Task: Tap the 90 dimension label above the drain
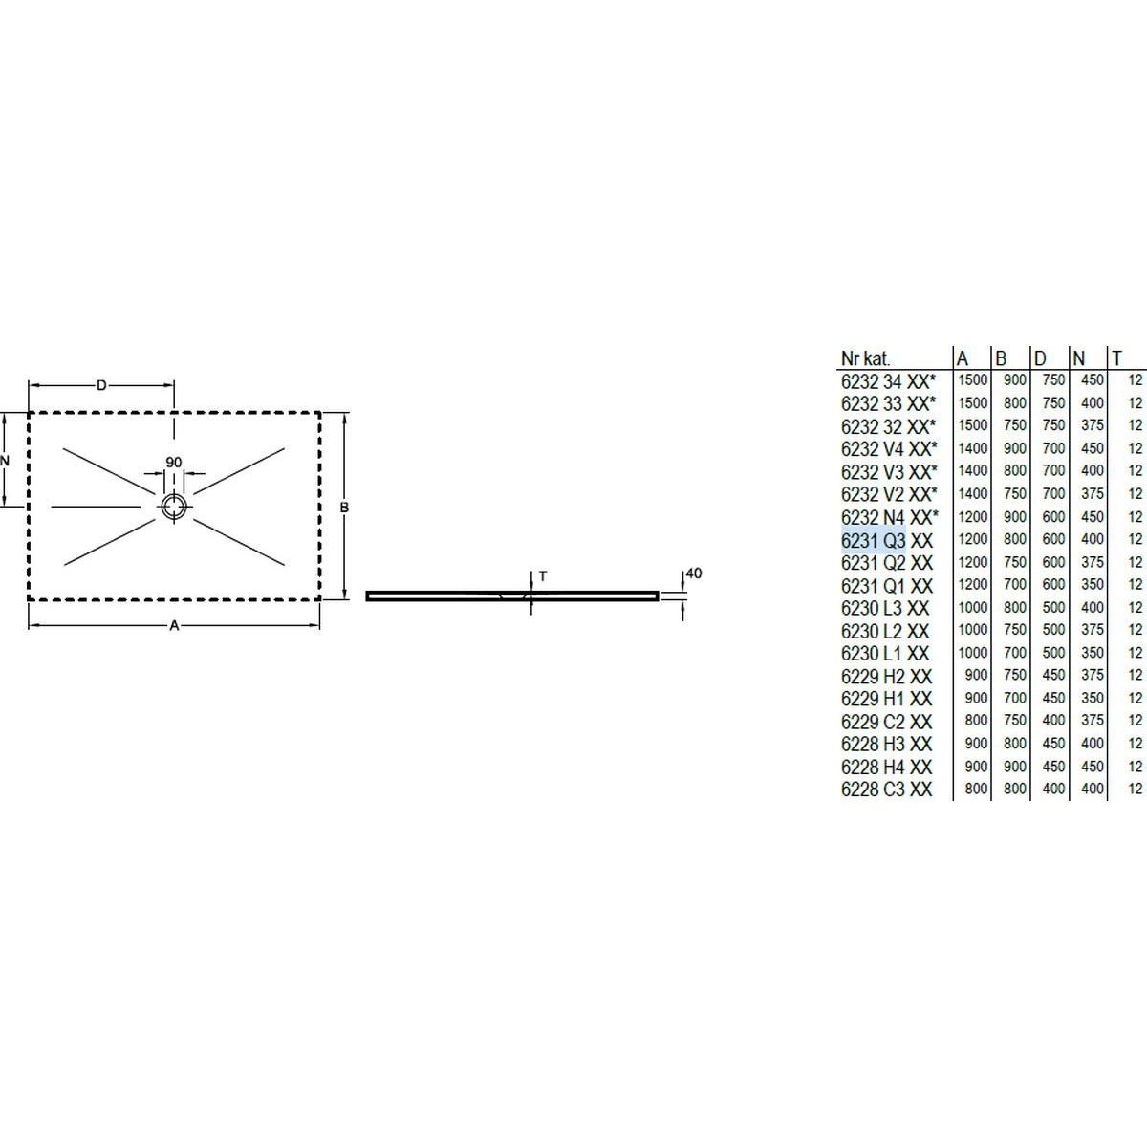point(174,463)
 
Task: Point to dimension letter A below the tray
point(174,625)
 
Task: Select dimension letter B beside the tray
point(344,508)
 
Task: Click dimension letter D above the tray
point(101,386)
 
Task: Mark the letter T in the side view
point(543,576)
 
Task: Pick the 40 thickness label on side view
point(694,573)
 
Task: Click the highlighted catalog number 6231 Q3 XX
point(886,541)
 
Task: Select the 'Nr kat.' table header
point(865,359)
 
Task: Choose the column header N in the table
point(1078,358)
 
